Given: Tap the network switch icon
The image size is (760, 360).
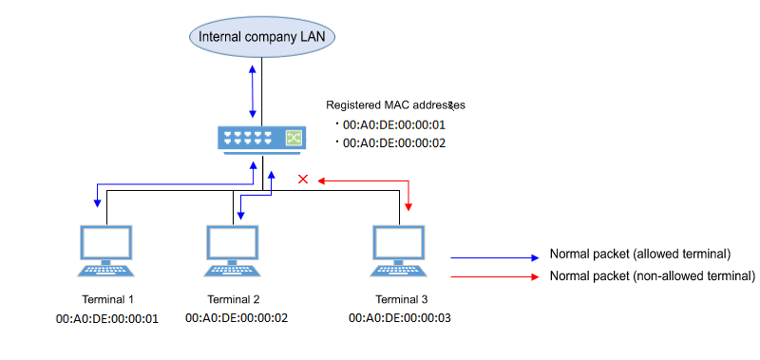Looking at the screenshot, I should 261,139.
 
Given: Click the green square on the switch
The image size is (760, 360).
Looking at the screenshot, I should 294,139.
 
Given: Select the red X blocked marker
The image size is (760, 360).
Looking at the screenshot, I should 303,180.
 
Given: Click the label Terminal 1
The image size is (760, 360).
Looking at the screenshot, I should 107,299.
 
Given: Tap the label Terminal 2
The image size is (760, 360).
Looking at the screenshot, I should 234,299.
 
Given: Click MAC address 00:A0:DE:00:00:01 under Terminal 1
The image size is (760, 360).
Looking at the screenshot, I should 107,317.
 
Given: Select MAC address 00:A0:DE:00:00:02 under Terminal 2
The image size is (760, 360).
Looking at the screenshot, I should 237,317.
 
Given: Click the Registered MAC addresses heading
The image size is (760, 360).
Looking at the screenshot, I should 395,104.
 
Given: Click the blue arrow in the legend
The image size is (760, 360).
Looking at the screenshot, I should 494,257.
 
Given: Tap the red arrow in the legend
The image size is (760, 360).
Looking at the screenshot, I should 494,275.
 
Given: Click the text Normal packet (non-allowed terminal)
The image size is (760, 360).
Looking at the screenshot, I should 652,275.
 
